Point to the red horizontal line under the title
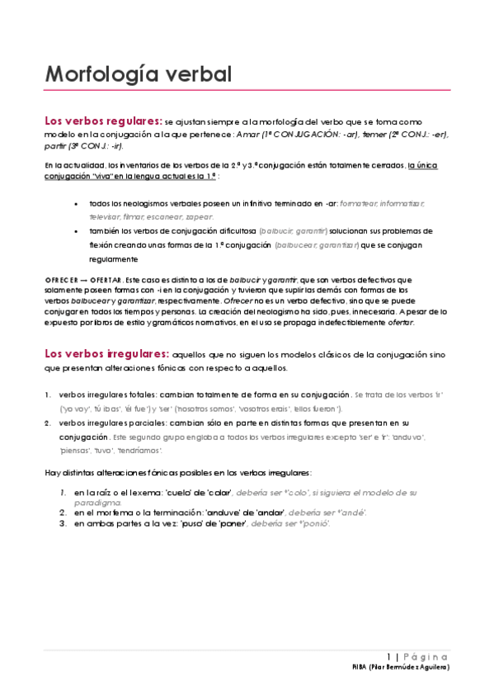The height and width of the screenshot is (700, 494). point(247,90)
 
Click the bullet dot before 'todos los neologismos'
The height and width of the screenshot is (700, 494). point(76,204)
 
